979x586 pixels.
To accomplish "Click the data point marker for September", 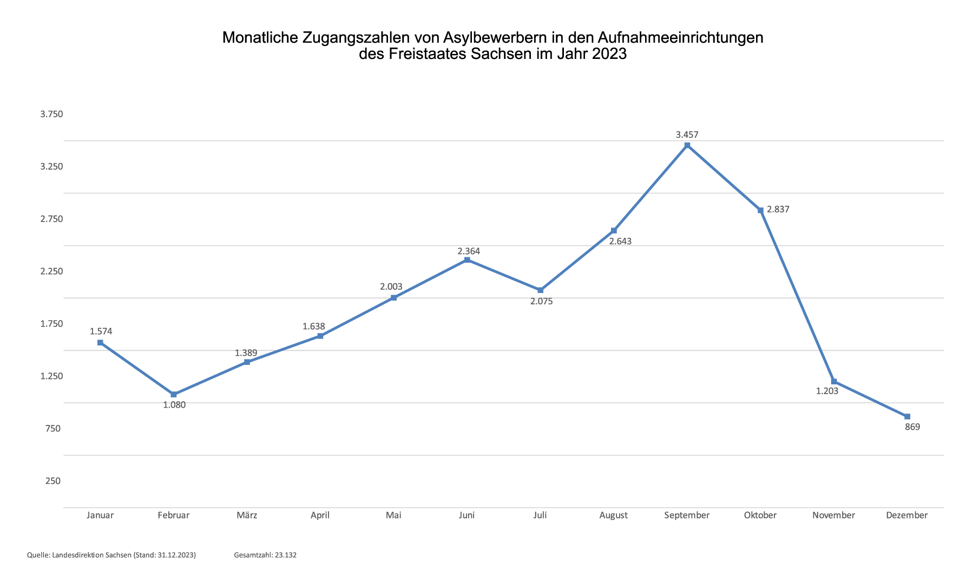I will pos(687,145).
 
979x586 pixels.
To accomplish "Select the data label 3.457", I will pos(687,135).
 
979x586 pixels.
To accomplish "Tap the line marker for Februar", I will pos(174,395).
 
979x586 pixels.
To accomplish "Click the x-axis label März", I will pos(247,515).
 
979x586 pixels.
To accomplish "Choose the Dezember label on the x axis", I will pos(906,515).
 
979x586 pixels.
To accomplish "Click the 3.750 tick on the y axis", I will pos(52,114).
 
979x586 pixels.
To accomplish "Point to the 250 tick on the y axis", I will pos(53,481).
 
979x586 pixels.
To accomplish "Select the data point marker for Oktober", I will pos(760,210).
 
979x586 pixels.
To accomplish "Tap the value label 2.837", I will pos(778,210).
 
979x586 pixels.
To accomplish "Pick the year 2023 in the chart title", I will pos(608,54).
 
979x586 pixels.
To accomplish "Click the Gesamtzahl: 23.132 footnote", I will pos(265,555).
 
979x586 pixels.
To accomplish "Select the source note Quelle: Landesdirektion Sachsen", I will pos(111,555).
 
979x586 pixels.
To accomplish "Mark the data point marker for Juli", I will pos(540,290).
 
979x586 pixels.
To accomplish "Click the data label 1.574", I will pos(101,331).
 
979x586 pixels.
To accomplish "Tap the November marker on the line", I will pos(833,382).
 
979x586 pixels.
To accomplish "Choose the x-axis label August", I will pos(613,515).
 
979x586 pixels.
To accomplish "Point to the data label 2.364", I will pos(469,251).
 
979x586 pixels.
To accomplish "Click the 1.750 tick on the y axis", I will pos(52,324).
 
